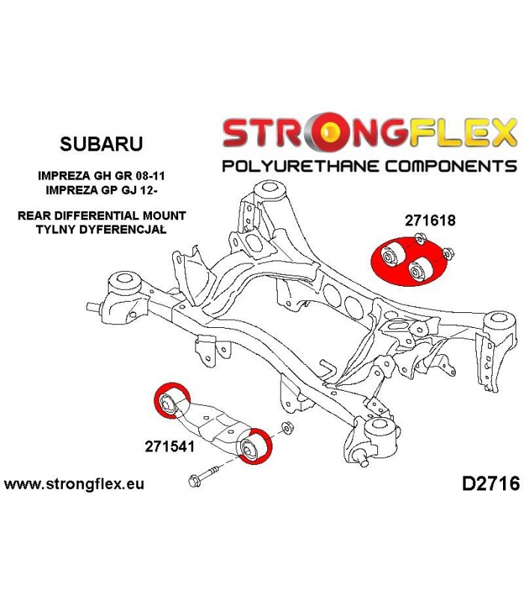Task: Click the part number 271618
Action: [x=430, y=220]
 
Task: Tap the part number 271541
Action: [x=170, y=446]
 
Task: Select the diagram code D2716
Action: [x=491, y=484]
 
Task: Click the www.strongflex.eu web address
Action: [x=74, y=484]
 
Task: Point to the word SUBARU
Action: [x=101, y=144]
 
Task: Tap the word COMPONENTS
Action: [x=451, y=166]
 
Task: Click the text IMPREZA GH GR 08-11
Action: [x=101, y=176]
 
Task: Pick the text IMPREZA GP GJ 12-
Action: [x=101, y=190]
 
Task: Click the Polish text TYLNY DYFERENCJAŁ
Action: [x=101, y=230]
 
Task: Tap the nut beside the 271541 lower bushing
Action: [x=287, y=428]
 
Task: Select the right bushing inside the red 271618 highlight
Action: [x=420, y=270]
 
